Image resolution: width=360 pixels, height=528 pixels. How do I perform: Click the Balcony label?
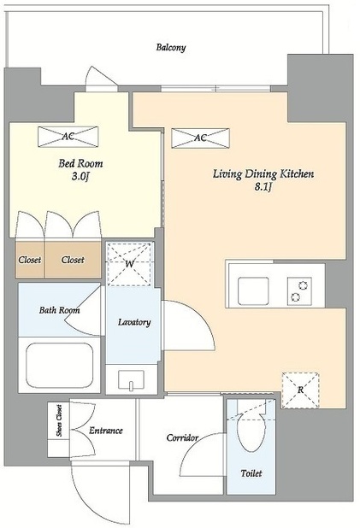click(x=170, y=48)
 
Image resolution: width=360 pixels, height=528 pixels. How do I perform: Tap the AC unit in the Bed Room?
click(x=68, y=137)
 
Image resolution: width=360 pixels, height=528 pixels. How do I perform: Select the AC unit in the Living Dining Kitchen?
click(x=200, y=138)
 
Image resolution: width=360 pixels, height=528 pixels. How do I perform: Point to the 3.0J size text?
click(x=80, y=176)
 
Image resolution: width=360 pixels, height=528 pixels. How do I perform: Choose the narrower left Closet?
click(x=30, y=260)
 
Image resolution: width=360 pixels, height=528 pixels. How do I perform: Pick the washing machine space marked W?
click(x=129, y=264)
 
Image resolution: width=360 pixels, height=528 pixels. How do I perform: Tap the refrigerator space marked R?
click(x=300, y=390)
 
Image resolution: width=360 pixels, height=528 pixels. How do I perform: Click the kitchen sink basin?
click(x=253, y=291)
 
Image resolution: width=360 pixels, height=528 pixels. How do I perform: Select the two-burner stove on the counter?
click(x=299, y=291)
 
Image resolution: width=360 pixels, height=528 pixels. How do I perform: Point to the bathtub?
click(x=59, y=366)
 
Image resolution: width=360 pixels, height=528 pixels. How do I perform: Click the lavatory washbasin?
click(x=131, y=379)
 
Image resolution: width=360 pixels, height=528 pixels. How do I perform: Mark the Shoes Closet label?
click(x=59, y=420)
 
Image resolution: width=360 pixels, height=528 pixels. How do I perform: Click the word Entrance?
click(x=105, y=431)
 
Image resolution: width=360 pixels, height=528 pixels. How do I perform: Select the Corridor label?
click(x=182, y=437)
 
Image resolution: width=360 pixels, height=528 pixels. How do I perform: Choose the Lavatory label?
click(x=134, y=322)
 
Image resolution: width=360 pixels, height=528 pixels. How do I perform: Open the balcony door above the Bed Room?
click(x=101, y=79)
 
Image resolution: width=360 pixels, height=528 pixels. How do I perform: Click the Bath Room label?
click(x=59, y=310)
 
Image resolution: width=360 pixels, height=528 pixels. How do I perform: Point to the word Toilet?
click(x=251, y=473)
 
